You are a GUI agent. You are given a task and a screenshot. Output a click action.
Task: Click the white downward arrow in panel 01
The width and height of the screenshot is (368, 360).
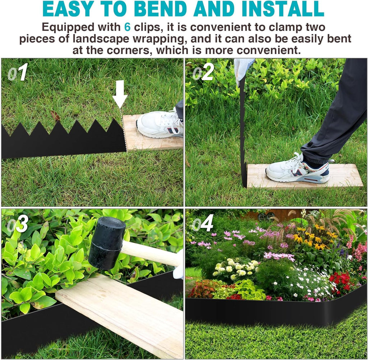click(120, 93)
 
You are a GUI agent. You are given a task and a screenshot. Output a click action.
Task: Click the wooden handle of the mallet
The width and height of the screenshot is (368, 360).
click(151, 254)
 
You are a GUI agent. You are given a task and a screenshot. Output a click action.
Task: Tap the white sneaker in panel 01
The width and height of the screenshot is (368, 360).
click(160, 124)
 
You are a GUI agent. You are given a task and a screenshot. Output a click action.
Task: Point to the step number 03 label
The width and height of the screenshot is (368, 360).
click(18, 224)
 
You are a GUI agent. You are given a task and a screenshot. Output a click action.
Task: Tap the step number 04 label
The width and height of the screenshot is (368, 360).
click(203, 224)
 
